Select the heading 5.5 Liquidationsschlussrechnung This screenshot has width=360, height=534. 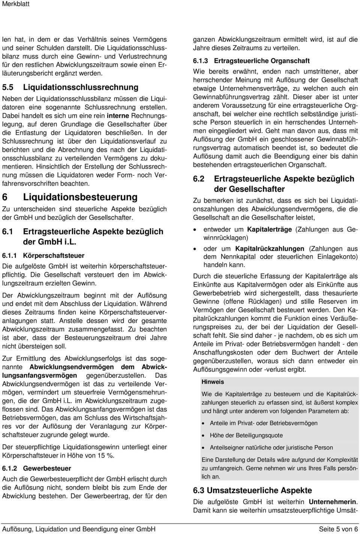point(70,87)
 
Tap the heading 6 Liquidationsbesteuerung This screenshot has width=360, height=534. point(70,197)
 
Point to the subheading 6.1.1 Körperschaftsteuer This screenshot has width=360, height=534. point(43,256)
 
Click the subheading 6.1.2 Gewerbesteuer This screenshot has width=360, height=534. point(37,468)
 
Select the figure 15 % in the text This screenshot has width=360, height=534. point(106,456)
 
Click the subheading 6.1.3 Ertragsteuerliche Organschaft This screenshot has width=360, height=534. point(251,61)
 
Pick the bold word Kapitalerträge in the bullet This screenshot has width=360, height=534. point(269,229)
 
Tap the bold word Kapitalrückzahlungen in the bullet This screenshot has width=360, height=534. point(270,248)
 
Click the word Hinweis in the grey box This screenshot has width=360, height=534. point(213,382)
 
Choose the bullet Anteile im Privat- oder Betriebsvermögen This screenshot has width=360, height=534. point(263,423)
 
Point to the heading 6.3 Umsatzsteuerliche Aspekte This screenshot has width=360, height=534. point(252,491)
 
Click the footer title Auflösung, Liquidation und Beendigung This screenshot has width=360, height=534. point(79,529)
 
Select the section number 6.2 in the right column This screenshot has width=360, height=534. point(199,179)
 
